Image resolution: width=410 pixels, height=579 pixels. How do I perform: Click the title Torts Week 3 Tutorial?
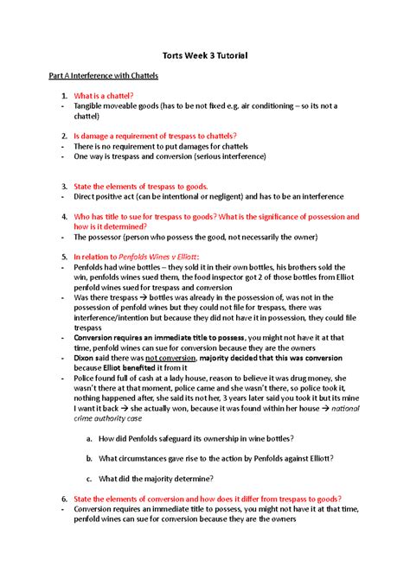(205, 55)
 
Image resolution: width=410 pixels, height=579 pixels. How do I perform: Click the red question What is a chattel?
(103, 95)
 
